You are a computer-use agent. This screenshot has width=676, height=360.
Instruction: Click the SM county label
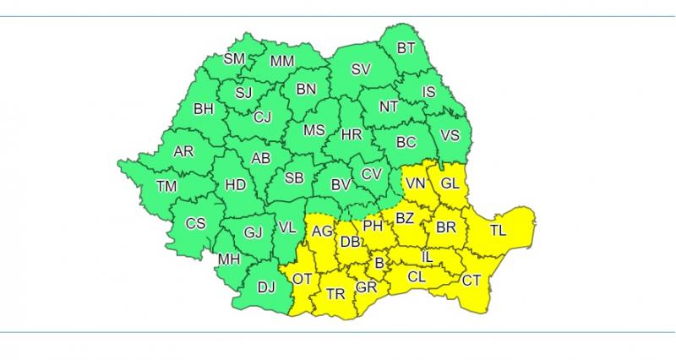[x=234, y=59]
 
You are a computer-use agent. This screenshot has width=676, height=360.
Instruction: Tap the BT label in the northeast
[x=406, y=48]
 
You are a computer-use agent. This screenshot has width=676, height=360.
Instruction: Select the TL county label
[x=499, y=229]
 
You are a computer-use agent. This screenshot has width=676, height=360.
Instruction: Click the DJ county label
[x=266, y=288]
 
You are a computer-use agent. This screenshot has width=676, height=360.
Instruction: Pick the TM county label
[x=166, y=187]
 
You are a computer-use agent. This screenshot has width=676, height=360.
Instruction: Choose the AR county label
[x=183, y=152]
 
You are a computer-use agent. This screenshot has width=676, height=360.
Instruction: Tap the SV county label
[x=361, y=69]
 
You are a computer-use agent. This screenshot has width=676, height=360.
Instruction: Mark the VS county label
[x=450, y=135]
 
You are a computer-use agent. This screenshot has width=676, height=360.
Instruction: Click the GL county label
[x=450, y=183]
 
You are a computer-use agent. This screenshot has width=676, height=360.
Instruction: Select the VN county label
[x=415, y=183]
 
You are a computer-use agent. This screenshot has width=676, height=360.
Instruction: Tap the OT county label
[x=302, y=278]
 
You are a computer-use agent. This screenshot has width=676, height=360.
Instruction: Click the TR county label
[x=335, y=294]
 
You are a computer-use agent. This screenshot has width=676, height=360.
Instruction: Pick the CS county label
[x=195, y=224]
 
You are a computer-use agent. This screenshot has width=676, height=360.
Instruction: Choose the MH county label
[x=229, y=259]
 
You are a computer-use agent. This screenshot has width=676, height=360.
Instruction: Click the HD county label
[x=234, y=185]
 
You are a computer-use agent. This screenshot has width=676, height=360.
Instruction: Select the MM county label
[x=281, y=61]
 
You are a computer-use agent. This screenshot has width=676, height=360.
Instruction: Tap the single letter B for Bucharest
[x=379, y=265]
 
